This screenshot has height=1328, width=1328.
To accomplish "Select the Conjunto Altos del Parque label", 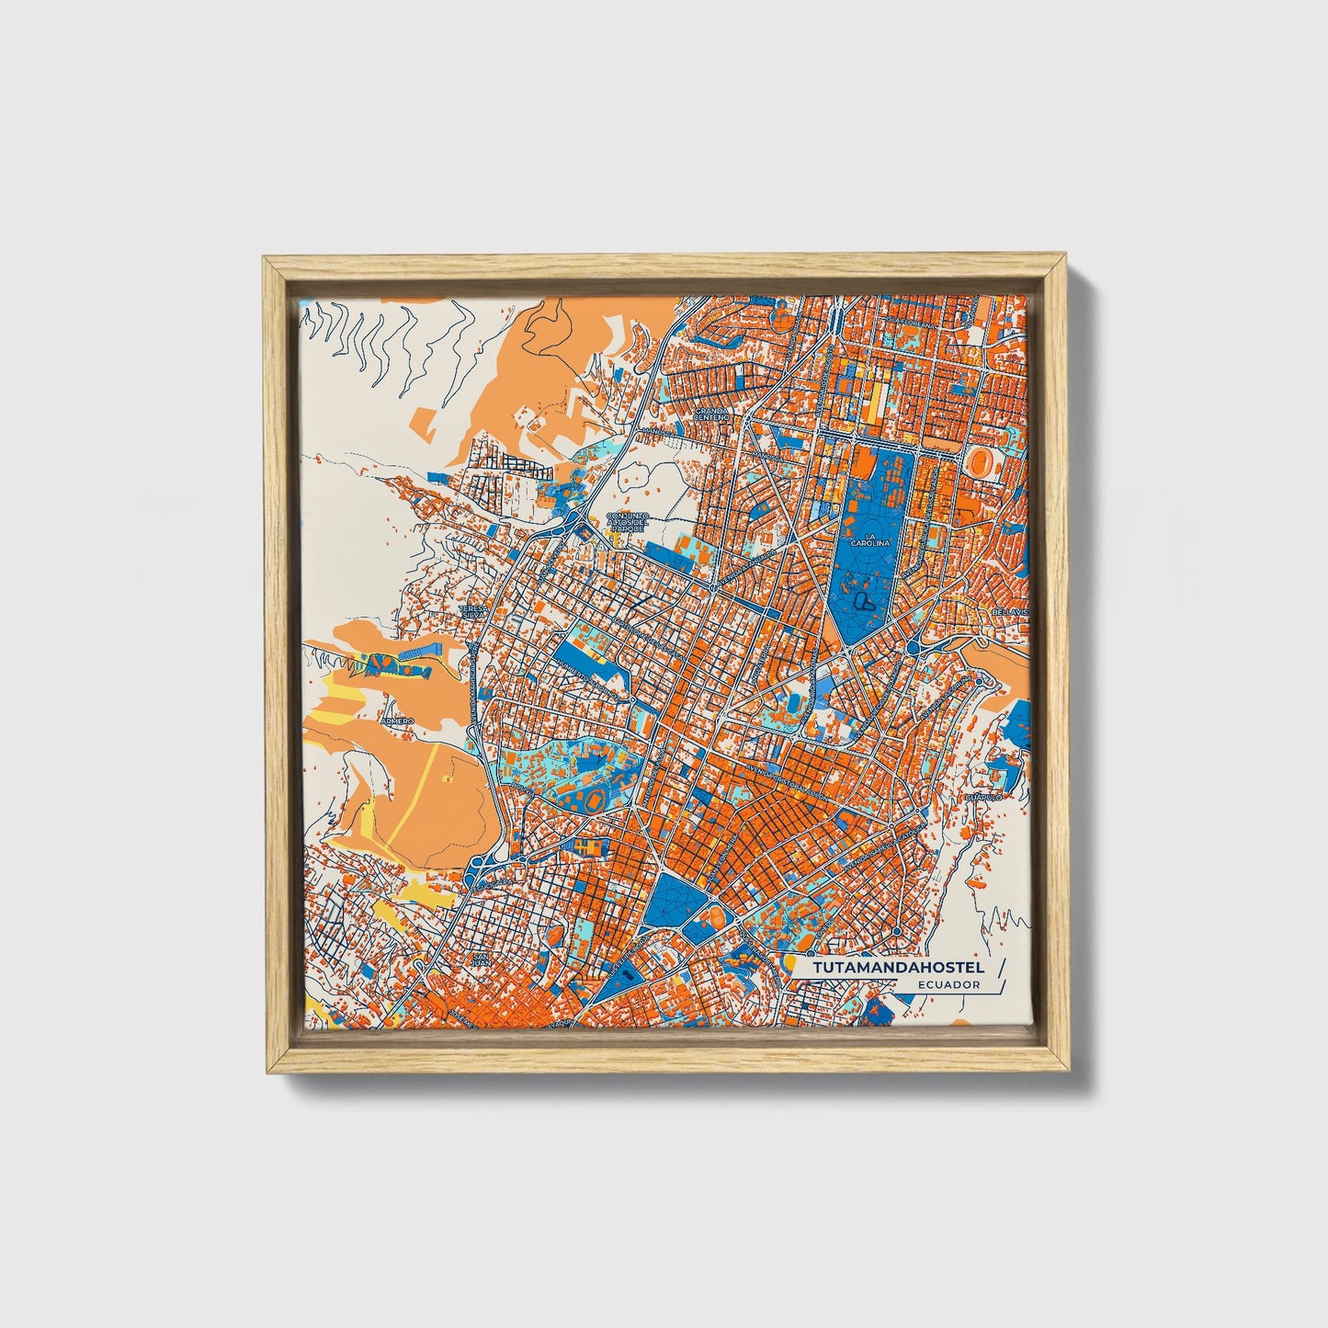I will click(630, 523).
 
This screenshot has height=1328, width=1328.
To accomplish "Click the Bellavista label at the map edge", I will click(1009, 611).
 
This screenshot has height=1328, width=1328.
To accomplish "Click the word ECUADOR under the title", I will click(948, 984).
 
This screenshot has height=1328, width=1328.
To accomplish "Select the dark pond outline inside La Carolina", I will click(863, 601).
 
